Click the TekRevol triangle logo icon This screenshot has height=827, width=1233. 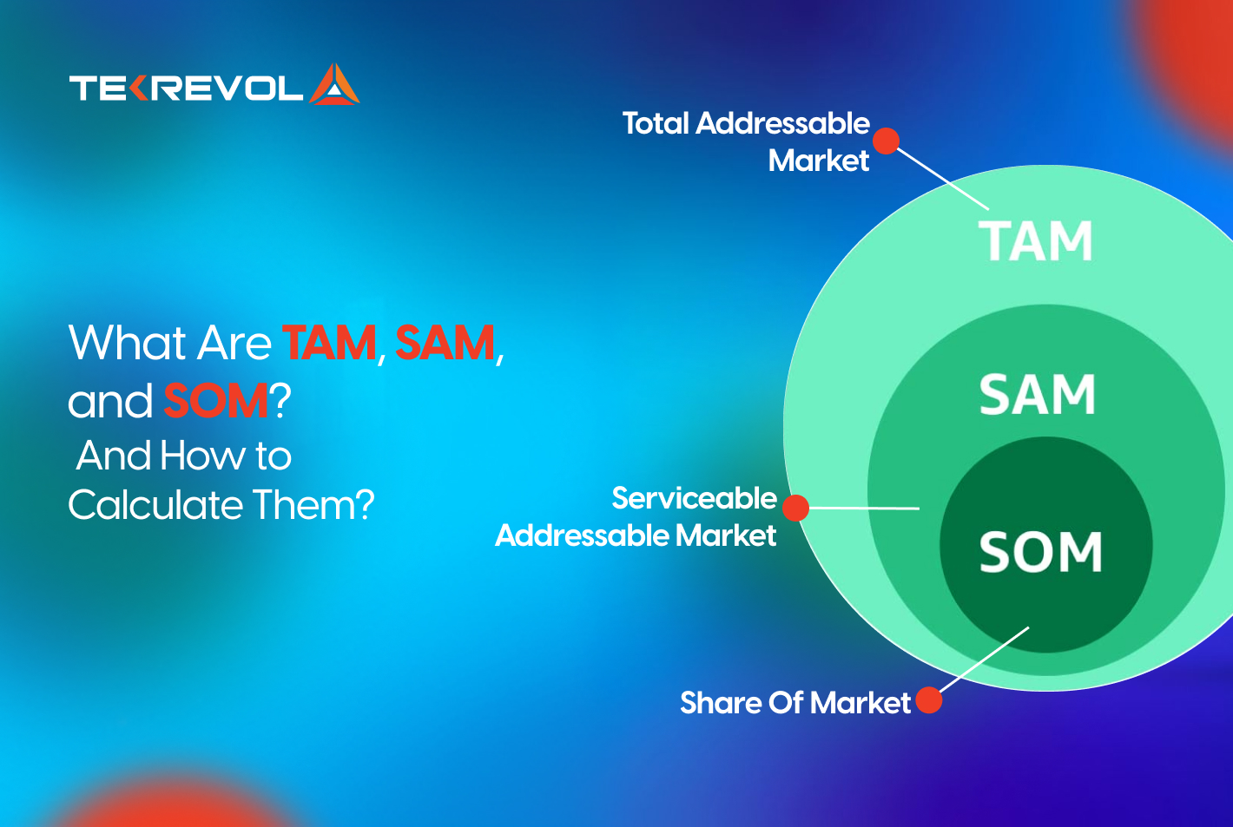(335, 85)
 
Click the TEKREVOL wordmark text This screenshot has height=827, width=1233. (186, 88)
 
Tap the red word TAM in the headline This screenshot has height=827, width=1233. (329, 343)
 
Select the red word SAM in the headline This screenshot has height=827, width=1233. (445, 343)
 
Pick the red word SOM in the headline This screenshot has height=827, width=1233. (215, 401)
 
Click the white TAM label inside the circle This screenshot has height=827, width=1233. (1035, 241)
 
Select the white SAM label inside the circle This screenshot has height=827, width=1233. (1037, 395)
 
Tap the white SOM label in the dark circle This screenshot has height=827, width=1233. (1040, 552)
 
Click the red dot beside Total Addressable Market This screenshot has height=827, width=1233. (886, 141)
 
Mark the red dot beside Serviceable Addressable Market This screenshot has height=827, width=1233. (795, 508)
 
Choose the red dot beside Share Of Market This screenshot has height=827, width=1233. (928, 700)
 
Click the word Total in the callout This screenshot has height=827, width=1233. (656, 123)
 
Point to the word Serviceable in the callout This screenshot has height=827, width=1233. (694, 498)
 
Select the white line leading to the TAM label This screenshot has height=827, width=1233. (943, 179)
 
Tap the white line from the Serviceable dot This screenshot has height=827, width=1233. (864, 508)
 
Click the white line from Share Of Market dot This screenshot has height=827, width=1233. (984, 660)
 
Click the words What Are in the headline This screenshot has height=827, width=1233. (170, 343)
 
